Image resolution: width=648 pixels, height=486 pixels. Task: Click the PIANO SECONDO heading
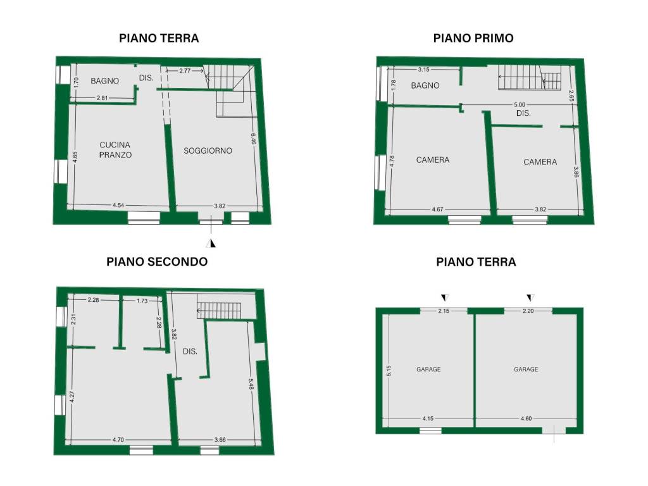[157, 261]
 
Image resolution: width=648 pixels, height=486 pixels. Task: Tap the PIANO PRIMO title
[473, 38]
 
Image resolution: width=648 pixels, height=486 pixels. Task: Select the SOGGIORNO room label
[208, 151]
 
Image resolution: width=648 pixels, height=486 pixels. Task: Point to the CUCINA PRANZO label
[115, 149]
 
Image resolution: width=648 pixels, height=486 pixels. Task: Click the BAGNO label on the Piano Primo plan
[425, 85]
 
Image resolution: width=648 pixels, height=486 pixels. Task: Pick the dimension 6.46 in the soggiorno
[253, 139]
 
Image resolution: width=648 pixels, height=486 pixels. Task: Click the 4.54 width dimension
[118, 205]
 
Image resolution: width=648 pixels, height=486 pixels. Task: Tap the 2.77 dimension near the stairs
[185, 71]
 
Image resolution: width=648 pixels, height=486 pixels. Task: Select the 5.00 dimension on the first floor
[520, 104]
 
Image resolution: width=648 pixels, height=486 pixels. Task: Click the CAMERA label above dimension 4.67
[433, 160]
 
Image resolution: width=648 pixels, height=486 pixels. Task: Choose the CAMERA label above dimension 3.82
[540, 162]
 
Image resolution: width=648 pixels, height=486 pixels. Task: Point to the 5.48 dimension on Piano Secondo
[251, 384]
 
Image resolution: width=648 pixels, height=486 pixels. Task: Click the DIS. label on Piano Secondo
[190, 351]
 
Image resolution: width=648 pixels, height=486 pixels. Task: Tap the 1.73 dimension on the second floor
[142, 301]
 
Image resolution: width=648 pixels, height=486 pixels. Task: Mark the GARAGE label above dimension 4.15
[428, 369]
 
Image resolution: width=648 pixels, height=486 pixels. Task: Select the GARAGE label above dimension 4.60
[526, 369]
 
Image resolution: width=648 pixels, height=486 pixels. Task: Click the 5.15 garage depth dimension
[389, 371]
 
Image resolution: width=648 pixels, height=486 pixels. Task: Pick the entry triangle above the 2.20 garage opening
[531, 297]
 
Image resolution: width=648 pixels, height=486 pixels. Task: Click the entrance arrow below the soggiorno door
[211, 243]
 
